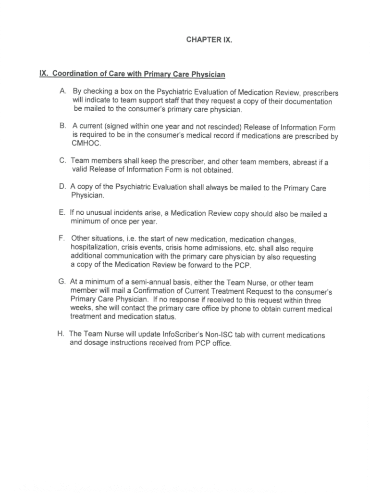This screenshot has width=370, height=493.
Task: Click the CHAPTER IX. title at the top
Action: click(x=209, y=40)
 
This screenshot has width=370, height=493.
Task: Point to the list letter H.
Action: click(x=59, y=333)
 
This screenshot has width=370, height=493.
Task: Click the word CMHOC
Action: click(x=84, y=143)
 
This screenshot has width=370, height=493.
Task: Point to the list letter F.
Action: click(x=62, y=238)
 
